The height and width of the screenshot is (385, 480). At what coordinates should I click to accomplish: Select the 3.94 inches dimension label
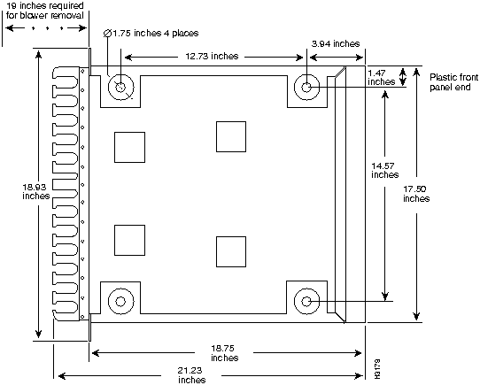336,42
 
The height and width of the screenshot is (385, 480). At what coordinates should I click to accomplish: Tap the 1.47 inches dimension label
381,77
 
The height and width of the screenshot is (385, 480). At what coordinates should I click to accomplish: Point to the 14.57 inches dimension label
385,170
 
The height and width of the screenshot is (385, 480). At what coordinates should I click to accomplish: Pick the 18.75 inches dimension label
225,353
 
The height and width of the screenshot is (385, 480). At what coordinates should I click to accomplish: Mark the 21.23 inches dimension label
192,374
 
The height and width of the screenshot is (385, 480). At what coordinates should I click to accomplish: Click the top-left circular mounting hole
120,88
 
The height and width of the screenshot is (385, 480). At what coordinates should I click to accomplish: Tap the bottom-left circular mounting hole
120,301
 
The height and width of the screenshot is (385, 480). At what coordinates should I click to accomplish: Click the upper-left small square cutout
129,146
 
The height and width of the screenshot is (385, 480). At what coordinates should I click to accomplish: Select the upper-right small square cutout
232,135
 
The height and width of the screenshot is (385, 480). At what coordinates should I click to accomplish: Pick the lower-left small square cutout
129,239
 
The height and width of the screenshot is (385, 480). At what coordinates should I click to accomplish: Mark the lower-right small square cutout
232,250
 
